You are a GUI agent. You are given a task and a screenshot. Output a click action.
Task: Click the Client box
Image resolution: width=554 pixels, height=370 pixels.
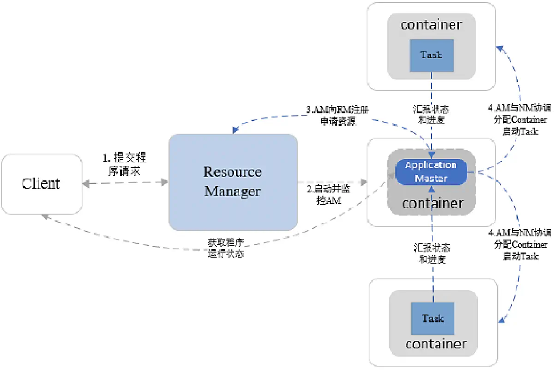pyautogui.click(x=41, y=184)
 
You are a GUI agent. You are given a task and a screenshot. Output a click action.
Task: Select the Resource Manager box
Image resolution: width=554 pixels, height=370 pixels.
pyautogui.click(x=233, y=182)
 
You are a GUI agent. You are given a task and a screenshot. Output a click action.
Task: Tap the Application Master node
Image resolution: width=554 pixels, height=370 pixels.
pyautogui.click(x=430, y=172)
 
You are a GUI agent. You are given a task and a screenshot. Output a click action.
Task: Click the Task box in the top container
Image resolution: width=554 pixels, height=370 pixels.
pyautogui.click(x=431, y=55)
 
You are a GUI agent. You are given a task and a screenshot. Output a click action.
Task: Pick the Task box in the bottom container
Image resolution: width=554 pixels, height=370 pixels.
pyautogui.click(x=433, y=319)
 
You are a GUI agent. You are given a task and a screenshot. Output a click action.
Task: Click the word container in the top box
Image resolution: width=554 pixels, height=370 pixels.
pyautogui.click(x=431, y=25)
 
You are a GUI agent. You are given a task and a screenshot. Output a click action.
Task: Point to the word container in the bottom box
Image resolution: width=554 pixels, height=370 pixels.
pyautogui.click(x=436, y=344)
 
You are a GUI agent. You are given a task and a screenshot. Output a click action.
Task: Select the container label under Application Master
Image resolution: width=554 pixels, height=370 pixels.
pyautogui.click(x=433, y=203)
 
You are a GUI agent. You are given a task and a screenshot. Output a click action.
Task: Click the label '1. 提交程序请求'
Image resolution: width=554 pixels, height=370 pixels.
pyautogui.click(x=124, y=164)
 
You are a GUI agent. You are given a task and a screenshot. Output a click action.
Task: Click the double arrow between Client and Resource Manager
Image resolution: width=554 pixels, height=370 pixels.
pyautogui.click(x=125, y=183)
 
